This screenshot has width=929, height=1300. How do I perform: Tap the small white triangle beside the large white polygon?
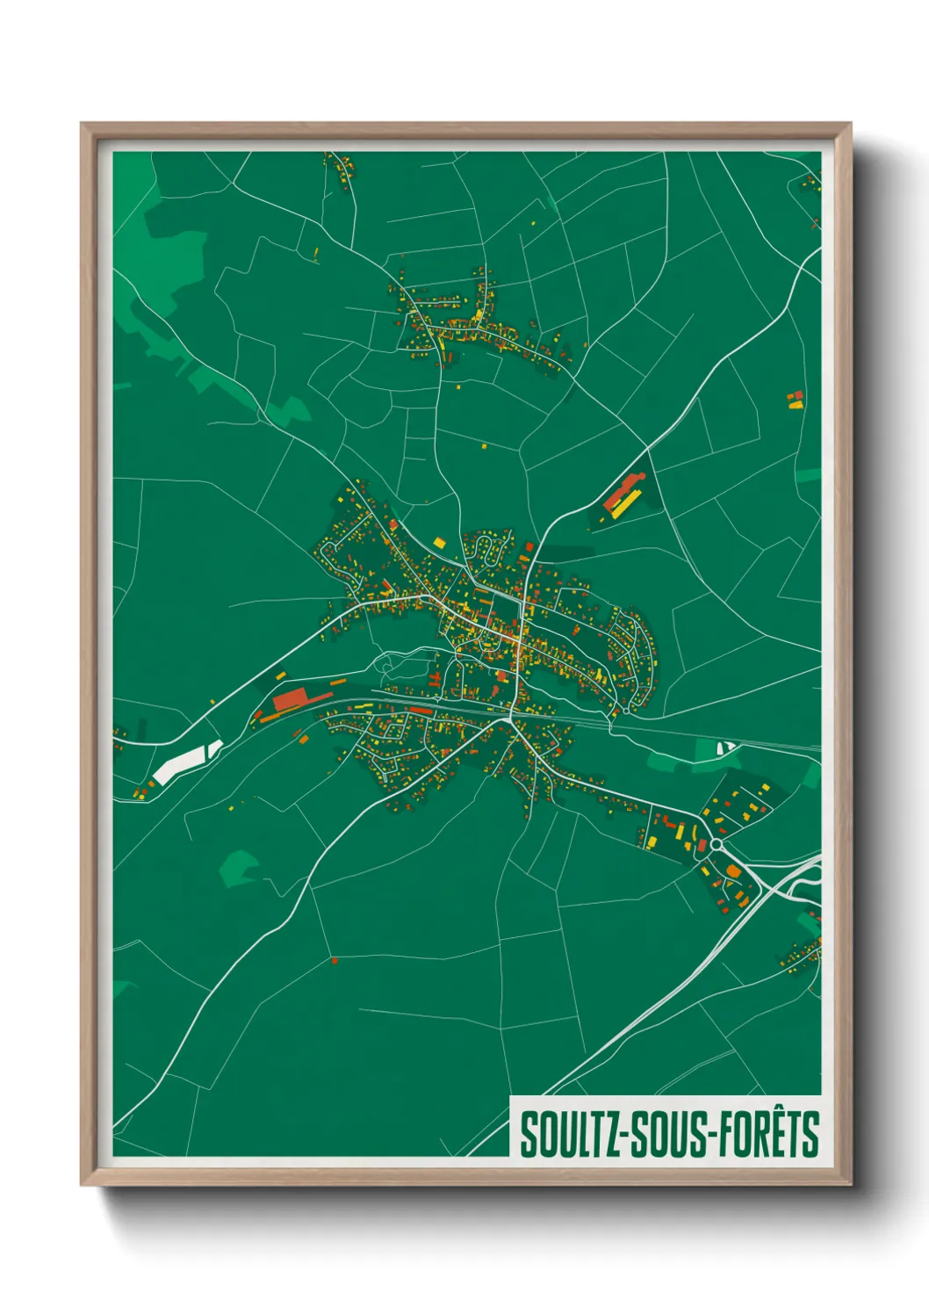(x=214, y=747)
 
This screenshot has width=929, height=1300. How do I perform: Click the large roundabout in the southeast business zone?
(x=716, y=844)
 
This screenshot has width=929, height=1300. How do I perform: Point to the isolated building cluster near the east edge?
(x=795, y=401)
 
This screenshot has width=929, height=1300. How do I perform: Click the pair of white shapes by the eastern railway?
(x=726, y=747)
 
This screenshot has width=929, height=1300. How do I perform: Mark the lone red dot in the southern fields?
(x=335, y=961)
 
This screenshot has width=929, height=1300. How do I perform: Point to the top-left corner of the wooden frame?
(x=83, y=125)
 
